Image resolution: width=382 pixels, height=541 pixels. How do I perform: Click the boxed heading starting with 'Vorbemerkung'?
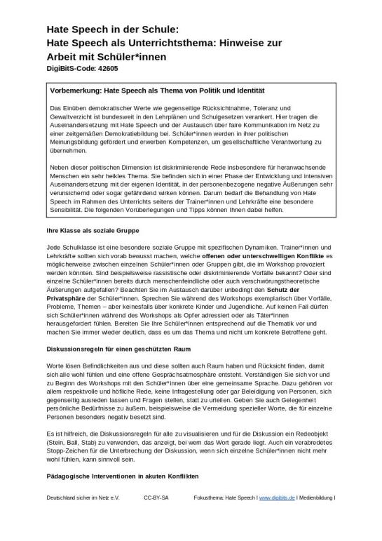(x=158, y=91)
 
